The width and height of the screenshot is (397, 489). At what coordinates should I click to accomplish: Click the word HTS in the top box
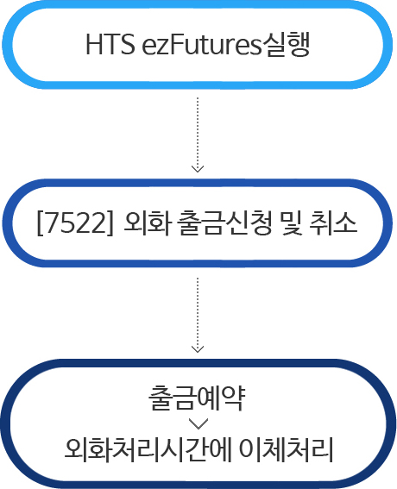click(x=110, y=44)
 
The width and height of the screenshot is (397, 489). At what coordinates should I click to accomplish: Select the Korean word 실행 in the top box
click(x=286, y=44)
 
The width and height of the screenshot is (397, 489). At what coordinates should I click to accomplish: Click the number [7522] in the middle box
click(x=74, y=223)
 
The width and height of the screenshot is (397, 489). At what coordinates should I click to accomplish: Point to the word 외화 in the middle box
click(x=148, y=223)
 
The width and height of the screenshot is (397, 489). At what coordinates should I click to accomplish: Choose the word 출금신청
click(x=224, y=223)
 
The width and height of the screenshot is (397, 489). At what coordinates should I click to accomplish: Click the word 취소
click(x=333, y=223)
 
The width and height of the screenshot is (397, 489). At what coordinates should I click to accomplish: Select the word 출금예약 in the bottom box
click(x=197, y=398)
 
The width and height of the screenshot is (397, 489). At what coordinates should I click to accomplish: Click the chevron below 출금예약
click(x=198, y=424)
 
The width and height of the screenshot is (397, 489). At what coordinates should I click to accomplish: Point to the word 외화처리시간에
click(x=148, y=449)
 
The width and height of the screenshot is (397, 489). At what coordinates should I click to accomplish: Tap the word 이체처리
click(x=286, y=449)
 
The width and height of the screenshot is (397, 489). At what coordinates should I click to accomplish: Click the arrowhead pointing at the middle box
click(x=198, y=169)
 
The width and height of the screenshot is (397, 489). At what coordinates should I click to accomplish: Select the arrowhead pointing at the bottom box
click(x=198, y=349)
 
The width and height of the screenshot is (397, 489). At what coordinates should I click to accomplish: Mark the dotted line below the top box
click(x=198, y=135)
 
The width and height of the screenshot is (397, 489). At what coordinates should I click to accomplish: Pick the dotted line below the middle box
click(x=198, y=315)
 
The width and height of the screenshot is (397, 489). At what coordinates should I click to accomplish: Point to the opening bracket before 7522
click(x=40, y=224)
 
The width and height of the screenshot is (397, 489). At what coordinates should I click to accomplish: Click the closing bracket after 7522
click(x=110, y=224)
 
